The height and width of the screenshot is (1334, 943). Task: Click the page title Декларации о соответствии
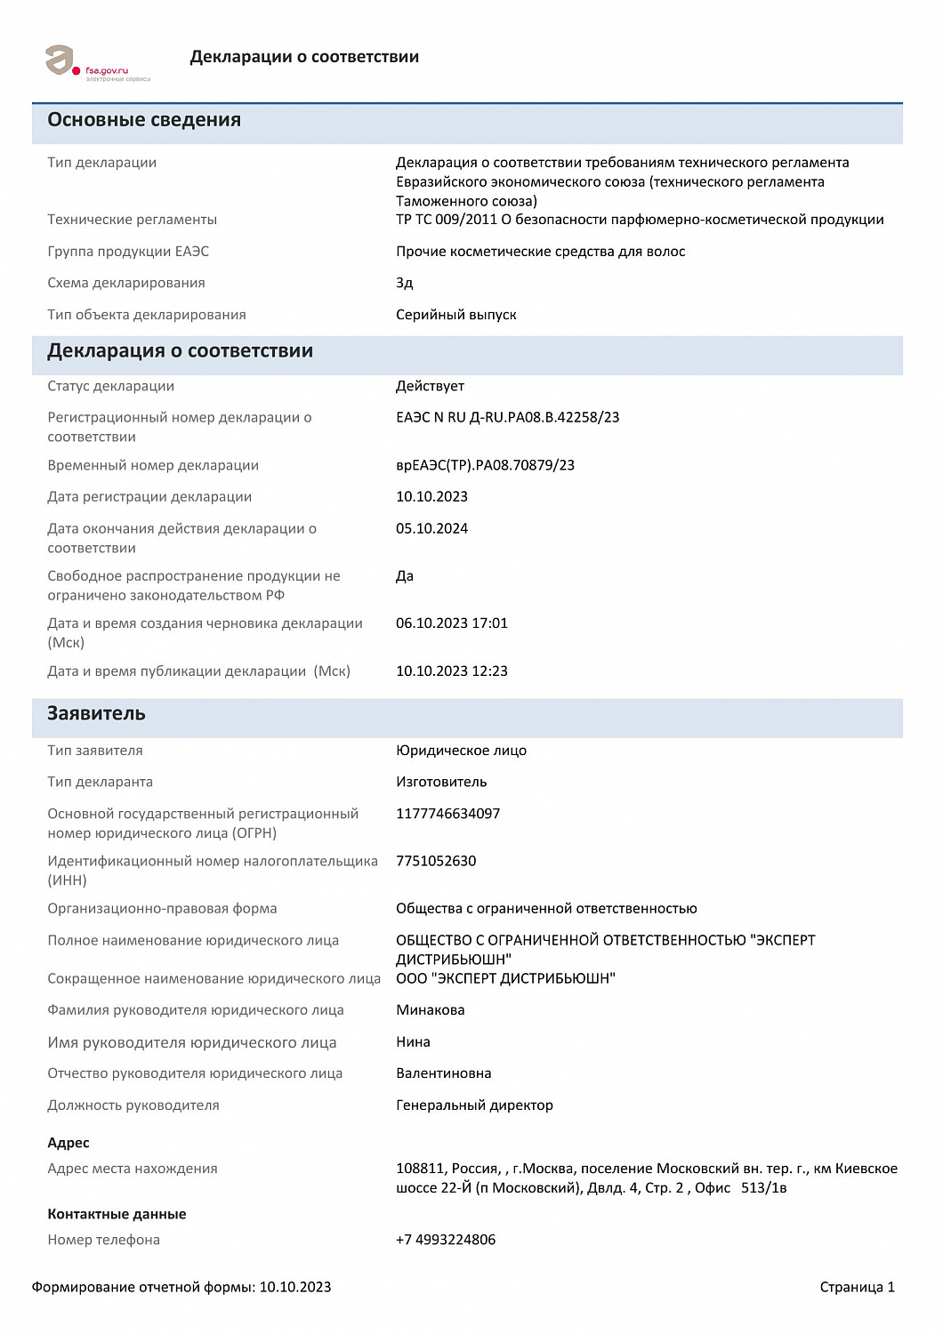304,57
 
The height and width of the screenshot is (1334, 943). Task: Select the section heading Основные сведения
144,120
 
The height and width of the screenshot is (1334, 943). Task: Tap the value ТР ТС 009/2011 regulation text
640,220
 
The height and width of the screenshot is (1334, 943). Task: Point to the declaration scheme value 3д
405,283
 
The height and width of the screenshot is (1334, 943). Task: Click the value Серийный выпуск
455,315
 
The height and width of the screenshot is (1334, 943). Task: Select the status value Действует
430,386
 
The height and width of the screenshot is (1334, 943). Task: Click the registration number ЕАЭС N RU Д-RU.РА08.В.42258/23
507,417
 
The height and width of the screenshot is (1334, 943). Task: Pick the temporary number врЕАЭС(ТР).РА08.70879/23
485,465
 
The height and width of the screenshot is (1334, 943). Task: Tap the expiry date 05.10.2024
431,528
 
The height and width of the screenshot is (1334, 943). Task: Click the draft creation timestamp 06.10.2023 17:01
451,623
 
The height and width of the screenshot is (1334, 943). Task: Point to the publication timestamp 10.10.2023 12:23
451,671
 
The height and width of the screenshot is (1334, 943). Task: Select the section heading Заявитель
96,713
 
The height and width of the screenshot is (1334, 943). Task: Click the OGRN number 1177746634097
447,814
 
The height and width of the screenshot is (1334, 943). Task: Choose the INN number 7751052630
436,861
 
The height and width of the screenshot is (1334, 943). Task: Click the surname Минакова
430,1010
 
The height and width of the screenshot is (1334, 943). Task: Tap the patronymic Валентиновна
443,1073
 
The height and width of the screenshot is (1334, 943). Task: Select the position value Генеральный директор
474,1105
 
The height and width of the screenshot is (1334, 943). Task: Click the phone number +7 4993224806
446,1240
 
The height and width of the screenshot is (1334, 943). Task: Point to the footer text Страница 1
857,1287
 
